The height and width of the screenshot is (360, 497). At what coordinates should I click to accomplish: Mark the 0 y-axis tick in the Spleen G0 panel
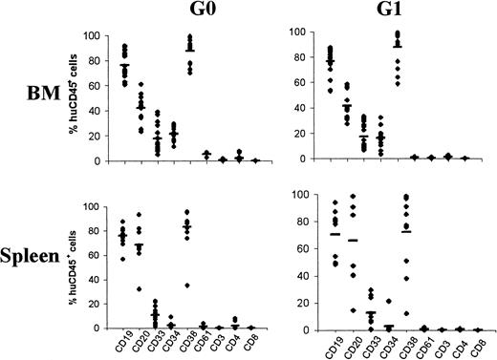pos(98,328)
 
